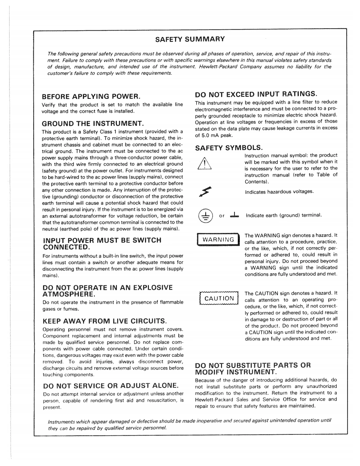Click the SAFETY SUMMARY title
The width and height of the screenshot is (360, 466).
pos(190,39)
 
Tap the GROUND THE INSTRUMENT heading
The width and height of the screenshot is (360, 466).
pos(93,123)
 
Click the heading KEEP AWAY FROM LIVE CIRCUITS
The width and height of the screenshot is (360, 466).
pos(105,321)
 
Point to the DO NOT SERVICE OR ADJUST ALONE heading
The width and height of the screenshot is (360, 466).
pos(108,385)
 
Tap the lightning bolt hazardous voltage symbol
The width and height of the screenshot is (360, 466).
pos(205,191)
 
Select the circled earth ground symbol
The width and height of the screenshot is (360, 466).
pos(204,215)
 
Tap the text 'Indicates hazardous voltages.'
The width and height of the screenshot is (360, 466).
pos(279,192)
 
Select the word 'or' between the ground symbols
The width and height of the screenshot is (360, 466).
pos(222,216)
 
